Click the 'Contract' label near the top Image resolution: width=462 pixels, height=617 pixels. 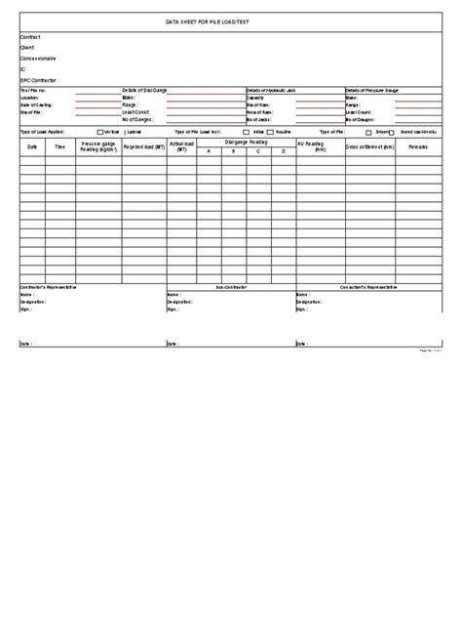[30, 37]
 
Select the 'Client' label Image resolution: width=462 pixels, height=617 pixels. [27, 48]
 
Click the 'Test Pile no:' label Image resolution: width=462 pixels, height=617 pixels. [33, 91]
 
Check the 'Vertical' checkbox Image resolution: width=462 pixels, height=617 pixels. [98, 131]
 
